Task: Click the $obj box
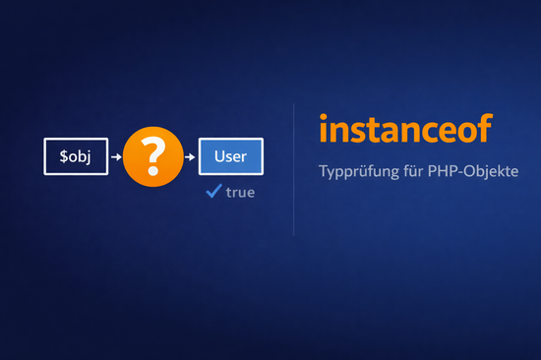(77, 156)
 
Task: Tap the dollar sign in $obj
(62, 156)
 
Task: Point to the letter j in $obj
(93, 157)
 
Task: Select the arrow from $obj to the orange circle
(116, 156)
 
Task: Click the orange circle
(153, 156)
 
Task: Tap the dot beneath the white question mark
(153, 172)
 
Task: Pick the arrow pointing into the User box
(191, 156)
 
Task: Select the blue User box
(230, 156)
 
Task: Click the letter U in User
(215, 156)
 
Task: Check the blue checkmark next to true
(212, 191)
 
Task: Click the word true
(240, 193)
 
